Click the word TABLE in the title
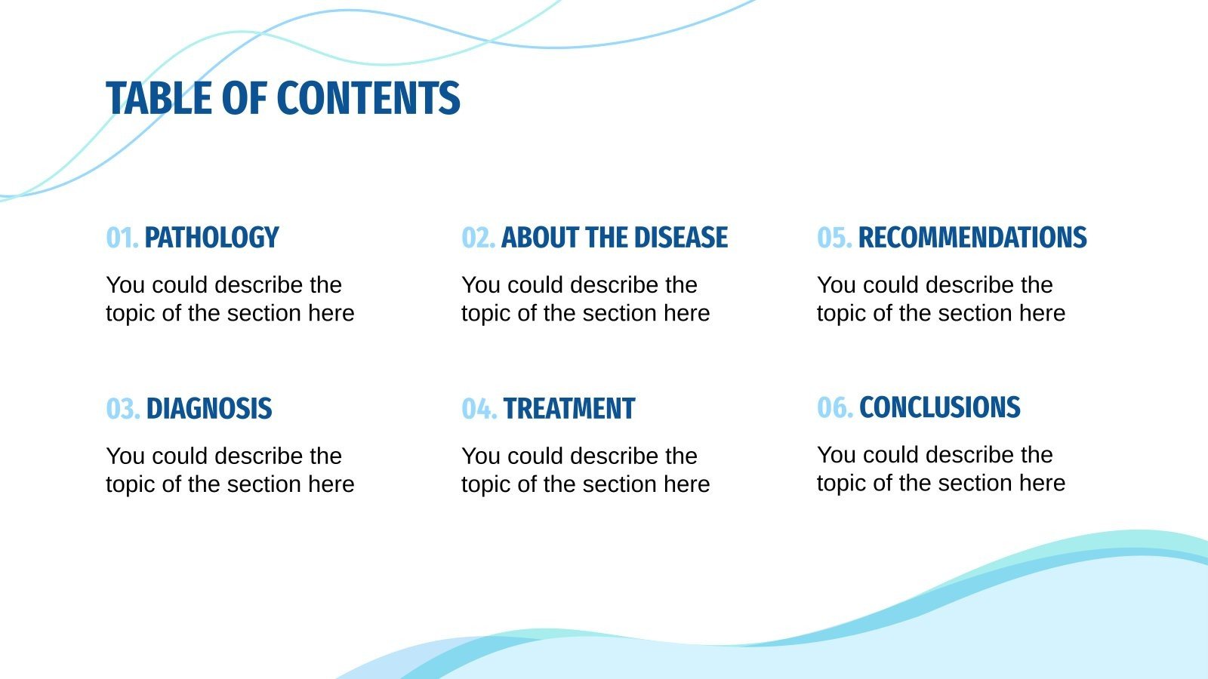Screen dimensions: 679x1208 [159, 99]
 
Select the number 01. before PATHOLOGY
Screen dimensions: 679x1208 [122, 238]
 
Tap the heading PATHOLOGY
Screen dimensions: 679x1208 [211, 238]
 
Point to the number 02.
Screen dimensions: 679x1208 [478, 238]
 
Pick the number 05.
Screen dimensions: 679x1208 [834, 238]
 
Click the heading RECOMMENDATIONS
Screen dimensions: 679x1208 [972, 238]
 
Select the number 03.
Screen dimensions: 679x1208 [122, 409]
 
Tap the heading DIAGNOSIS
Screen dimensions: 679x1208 [209, 409]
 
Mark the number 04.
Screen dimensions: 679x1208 [479, 409]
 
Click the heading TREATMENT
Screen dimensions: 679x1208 [569, 409]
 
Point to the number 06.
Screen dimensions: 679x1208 [834, 407]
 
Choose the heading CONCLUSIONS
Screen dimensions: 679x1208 [939, 407]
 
